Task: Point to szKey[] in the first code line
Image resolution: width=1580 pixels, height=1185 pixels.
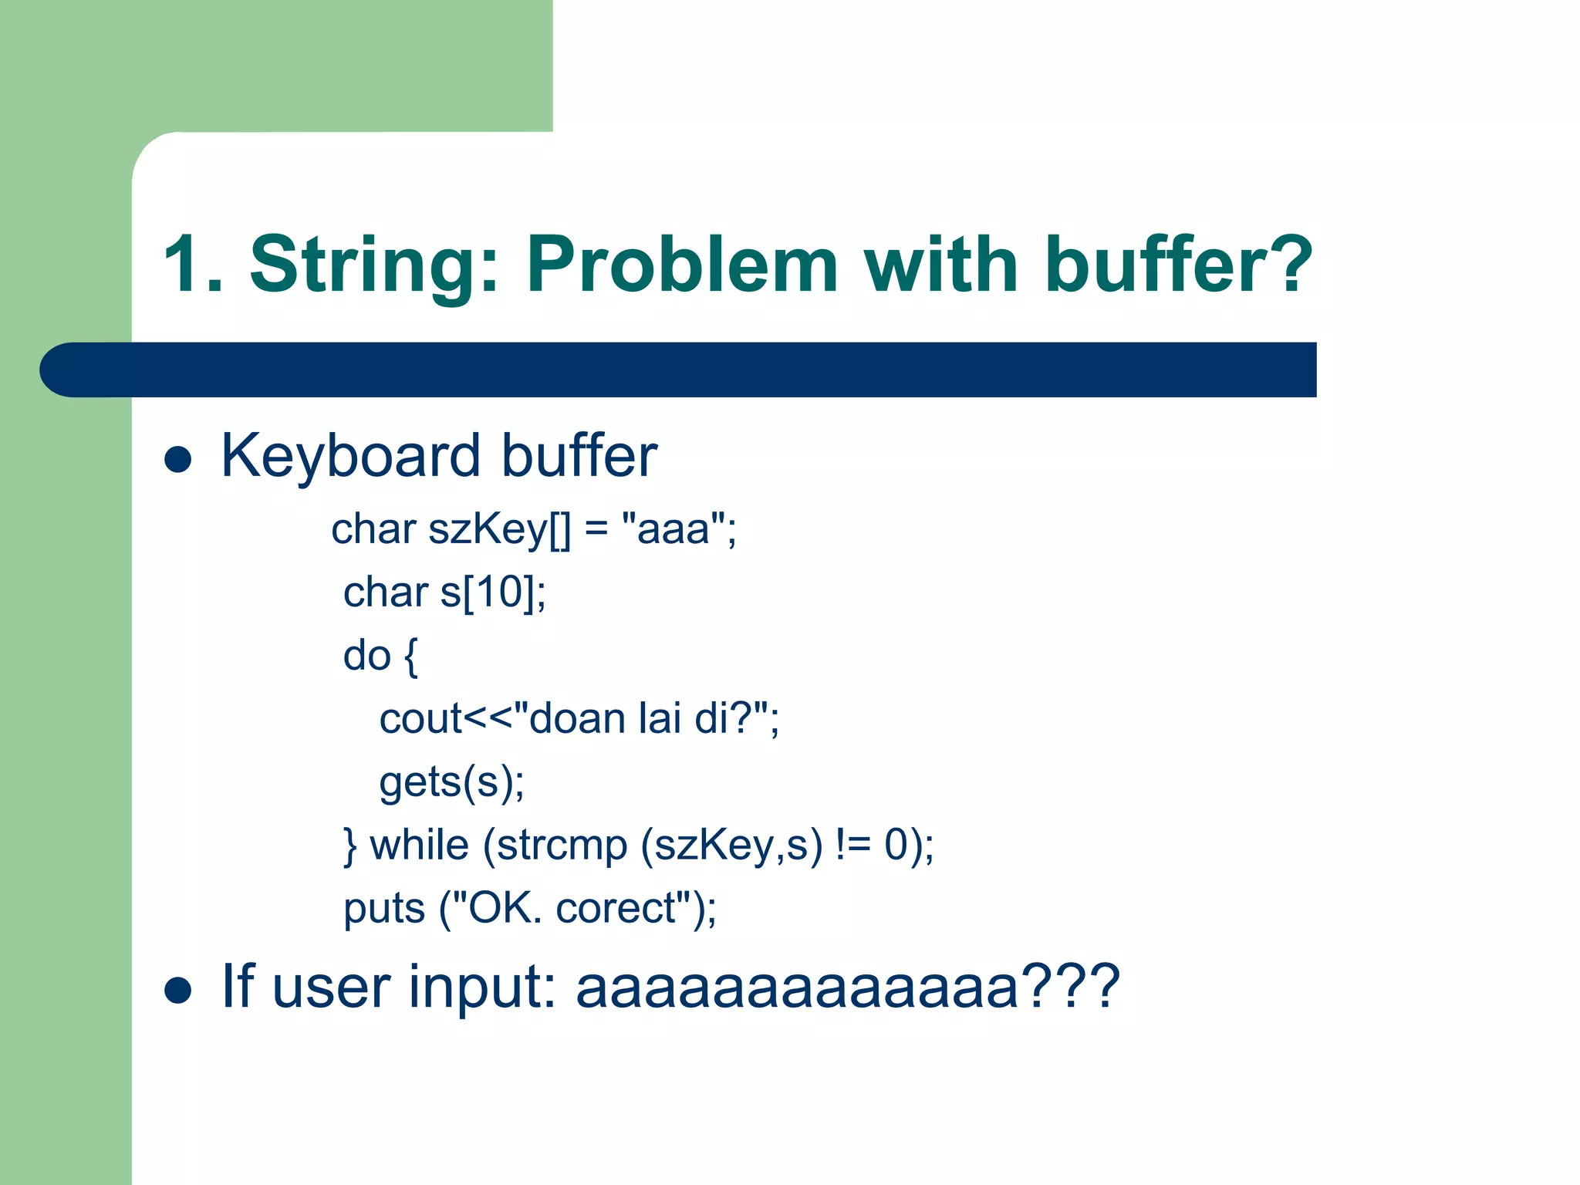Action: click(500, 530)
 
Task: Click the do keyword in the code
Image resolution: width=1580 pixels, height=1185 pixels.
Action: click(366, 657)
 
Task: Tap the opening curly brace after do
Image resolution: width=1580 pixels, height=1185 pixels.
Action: click(410, 657)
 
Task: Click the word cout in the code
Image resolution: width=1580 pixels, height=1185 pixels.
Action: click(420, 720)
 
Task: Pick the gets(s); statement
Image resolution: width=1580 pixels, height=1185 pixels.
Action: click(451, 783)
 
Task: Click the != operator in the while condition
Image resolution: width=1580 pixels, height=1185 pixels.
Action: click(852, 846)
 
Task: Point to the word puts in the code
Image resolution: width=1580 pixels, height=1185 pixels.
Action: click(384, 910)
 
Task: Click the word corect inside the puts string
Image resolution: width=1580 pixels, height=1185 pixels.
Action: click(616, 910)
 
